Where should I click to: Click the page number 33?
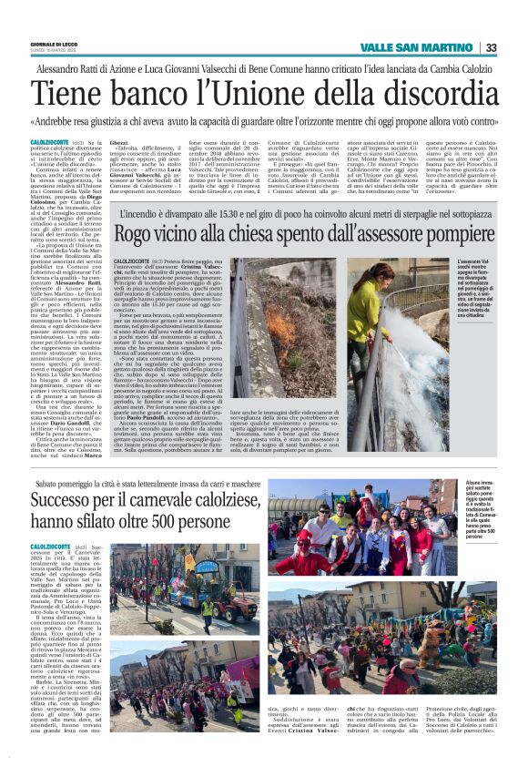tap(491, 47)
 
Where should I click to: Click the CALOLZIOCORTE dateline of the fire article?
tap(137, 262)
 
